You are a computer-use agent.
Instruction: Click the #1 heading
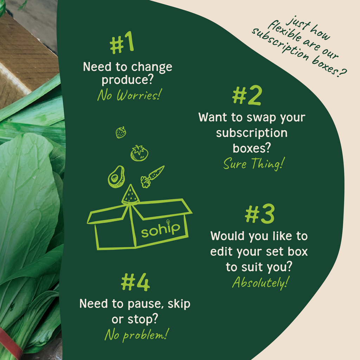coord(122,43)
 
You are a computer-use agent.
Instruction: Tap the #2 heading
coord(247,95)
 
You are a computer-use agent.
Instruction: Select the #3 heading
coord(260,214)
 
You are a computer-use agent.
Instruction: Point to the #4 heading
coord(135,282)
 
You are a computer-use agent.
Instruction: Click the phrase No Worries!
coord(129,95)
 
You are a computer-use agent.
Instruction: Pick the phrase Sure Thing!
coord(254,164)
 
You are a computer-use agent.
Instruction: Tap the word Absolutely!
coord(261,282)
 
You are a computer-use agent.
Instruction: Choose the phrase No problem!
coord(137,335)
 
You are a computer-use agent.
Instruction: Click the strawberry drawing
coord(121,133)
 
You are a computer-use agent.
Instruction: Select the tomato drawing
coord(139,153)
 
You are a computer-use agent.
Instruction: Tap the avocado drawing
coord(116,176)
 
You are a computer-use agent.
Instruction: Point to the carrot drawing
coord(152,176)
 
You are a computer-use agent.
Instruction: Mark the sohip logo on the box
coord(160,229)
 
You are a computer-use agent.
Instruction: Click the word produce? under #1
coord(127,80)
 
